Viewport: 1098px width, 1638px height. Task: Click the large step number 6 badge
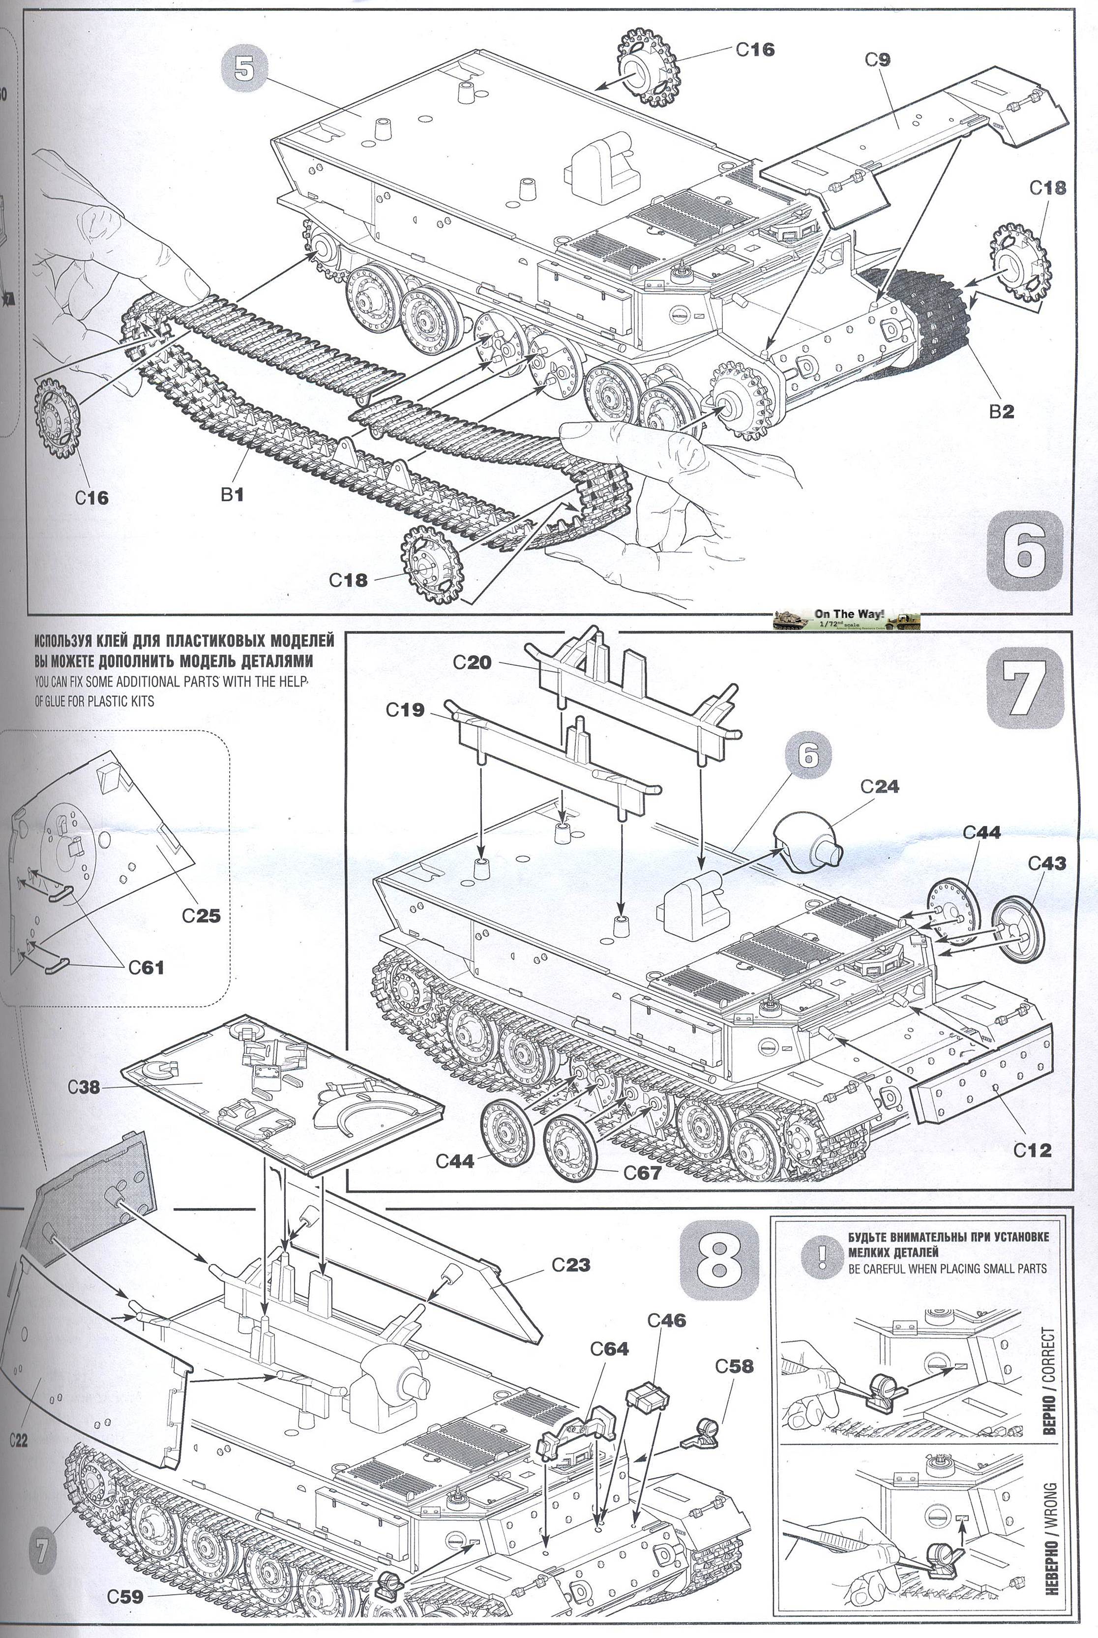pos(1023,550)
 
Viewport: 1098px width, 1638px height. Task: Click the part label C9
pos(877,60)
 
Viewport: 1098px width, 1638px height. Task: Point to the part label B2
pos(1001,412)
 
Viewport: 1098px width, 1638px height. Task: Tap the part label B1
pos(232,494)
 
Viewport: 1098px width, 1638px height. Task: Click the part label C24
pos(880,786)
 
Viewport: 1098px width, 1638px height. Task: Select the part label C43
pos(1047,864)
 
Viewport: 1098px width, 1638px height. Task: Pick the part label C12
pos(1032,1149)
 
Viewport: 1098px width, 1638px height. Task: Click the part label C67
pos(641,1172)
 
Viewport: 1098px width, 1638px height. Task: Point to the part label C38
pos(84,1087)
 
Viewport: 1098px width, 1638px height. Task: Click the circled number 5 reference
pos(244,69)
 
